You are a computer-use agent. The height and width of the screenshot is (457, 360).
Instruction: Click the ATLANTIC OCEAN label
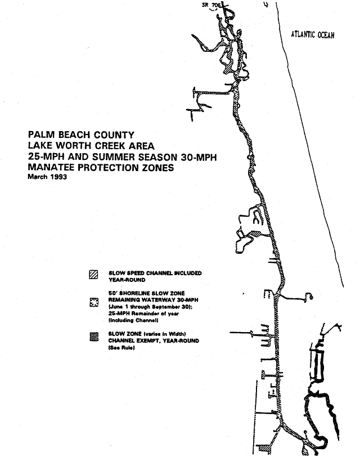tap(312, 35)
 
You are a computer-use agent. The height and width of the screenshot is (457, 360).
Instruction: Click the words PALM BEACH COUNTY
tap(81, 135)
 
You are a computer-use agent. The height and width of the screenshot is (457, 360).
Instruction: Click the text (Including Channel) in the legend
tap(133, 320)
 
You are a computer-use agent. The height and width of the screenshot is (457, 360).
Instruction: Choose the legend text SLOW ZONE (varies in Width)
tap(147, 334)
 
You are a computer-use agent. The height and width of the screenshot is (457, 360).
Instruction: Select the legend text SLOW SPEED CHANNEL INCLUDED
tap(155, 272)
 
